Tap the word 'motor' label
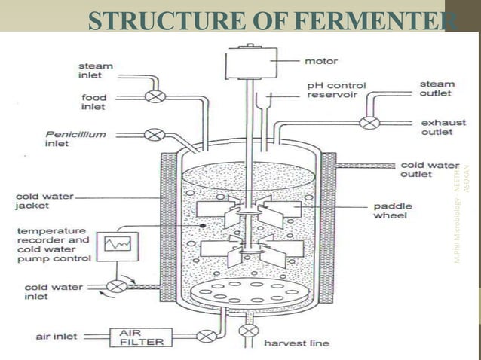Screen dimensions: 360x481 coord(320,59)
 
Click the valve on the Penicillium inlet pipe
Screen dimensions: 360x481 coord(155,135)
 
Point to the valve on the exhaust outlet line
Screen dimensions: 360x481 coord(368,122)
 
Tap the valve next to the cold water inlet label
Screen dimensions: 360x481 coord(117,286)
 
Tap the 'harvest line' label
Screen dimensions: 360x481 coord(296,343)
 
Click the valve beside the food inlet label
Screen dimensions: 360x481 coord(155,96)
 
